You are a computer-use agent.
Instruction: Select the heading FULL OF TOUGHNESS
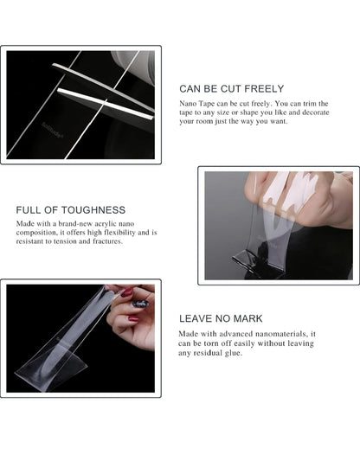pyautogui.click(x=70, y=210)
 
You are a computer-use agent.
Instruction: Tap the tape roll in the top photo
pyautogui.click(x=134, y=64)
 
